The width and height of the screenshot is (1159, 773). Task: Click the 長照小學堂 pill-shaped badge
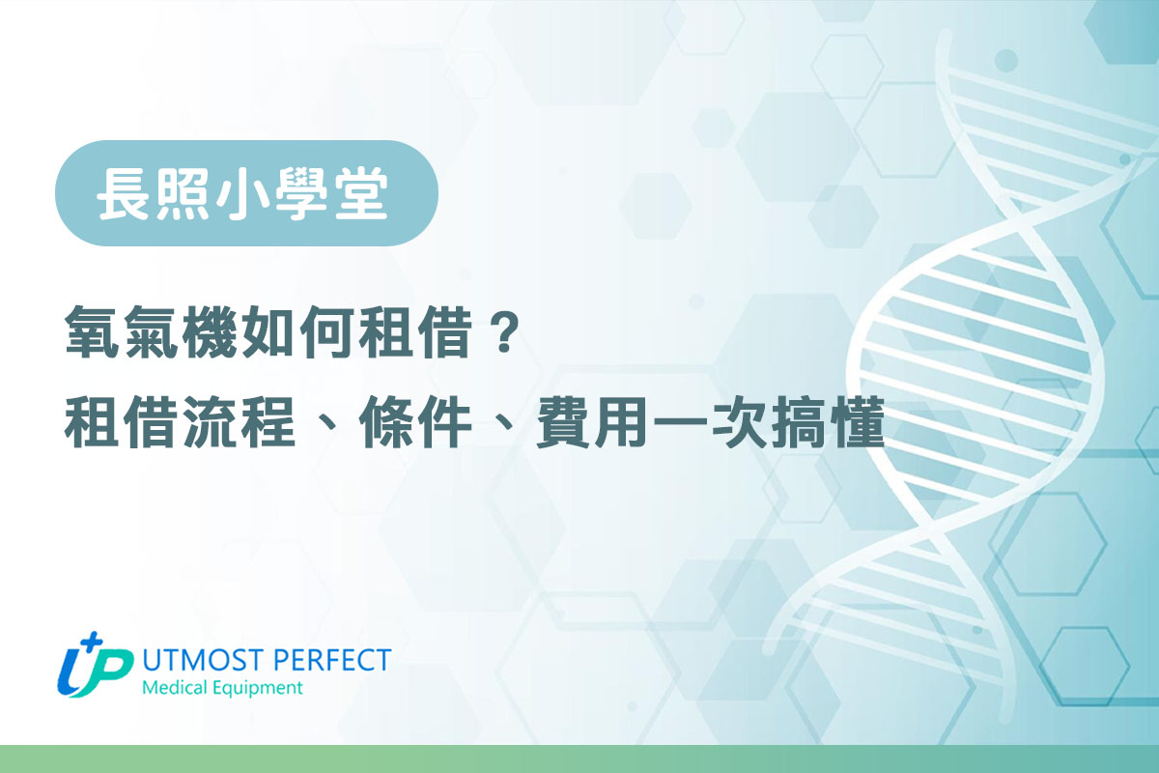click(246, 193)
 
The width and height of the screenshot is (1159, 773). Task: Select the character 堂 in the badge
click(361, 194)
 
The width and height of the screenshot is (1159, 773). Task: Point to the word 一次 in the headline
click(708, 421)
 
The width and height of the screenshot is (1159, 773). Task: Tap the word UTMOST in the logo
click(202, 660)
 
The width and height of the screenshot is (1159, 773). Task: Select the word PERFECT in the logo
click(331, 660)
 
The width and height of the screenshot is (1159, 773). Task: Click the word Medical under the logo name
click(175, 688)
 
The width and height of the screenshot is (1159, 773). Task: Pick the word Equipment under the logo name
click(257, 689)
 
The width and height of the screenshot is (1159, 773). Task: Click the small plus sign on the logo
click(93, 642)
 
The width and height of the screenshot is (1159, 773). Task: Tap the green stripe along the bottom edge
click(579, 759)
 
